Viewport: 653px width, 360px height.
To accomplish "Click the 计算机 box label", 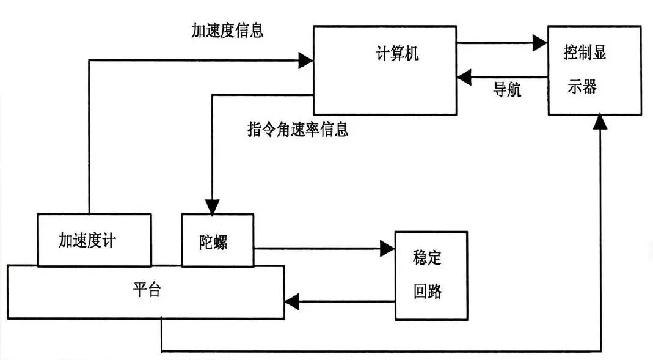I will [x=398, y=54].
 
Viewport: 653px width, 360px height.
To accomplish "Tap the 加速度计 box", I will [x=94, y=240].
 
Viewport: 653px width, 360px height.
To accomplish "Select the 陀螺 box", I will [x=217, y=241].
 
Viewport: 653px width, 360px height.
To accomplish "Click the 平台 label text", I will [x=147, y=290].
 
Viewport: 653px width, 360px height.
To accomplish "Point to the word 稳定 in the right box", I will [x=428, y=257].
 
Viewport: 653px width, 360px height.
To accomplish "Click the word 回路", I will [x=428, y=292].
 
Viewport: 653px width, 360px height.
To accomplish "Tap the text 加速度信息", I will [x=227, y=31].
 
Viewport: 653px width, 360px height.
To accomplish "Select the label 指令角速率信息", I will [x=297, y=130].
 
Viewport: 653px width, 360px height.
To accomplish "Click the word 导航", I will [x=507, y=90].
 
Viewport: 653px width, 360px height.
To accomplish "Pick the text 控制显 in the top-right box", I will [x=585, y=53].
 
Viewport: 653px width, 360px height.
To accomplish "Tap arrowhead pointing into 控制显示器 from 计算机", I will [x=539, y=42].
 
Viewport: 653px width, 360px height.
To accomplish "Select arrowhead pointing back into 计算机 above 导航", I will [x=464, y=76].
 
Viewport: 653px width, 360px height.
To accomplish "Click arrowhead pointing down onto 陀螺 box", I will [x=211, y=207].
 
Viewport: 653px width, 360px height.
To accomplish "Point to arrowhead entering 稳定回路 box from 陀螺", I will [x=387, y=248].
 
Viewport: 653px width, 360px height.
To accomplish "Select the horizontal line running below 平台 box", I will [x=379, y=351].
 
